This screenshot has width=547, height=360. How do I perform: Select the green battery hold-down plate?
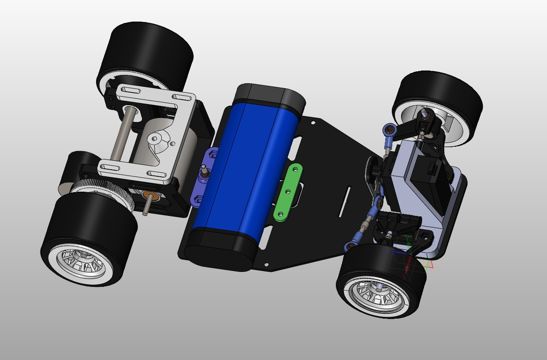point(287,192)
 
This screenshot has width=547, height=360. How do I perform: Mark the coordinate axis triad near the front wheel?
point(408,256)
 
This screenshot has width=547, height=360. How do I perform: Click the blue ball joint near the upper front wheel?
point(389,129)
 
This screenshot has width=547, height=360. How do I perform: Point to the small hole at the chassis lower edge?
point(266,264)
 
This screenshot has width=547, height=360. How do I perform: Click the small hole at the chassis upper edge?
point(313,123)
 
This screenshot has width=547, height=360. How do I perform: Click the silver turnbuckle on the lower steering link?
point(364,227)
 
